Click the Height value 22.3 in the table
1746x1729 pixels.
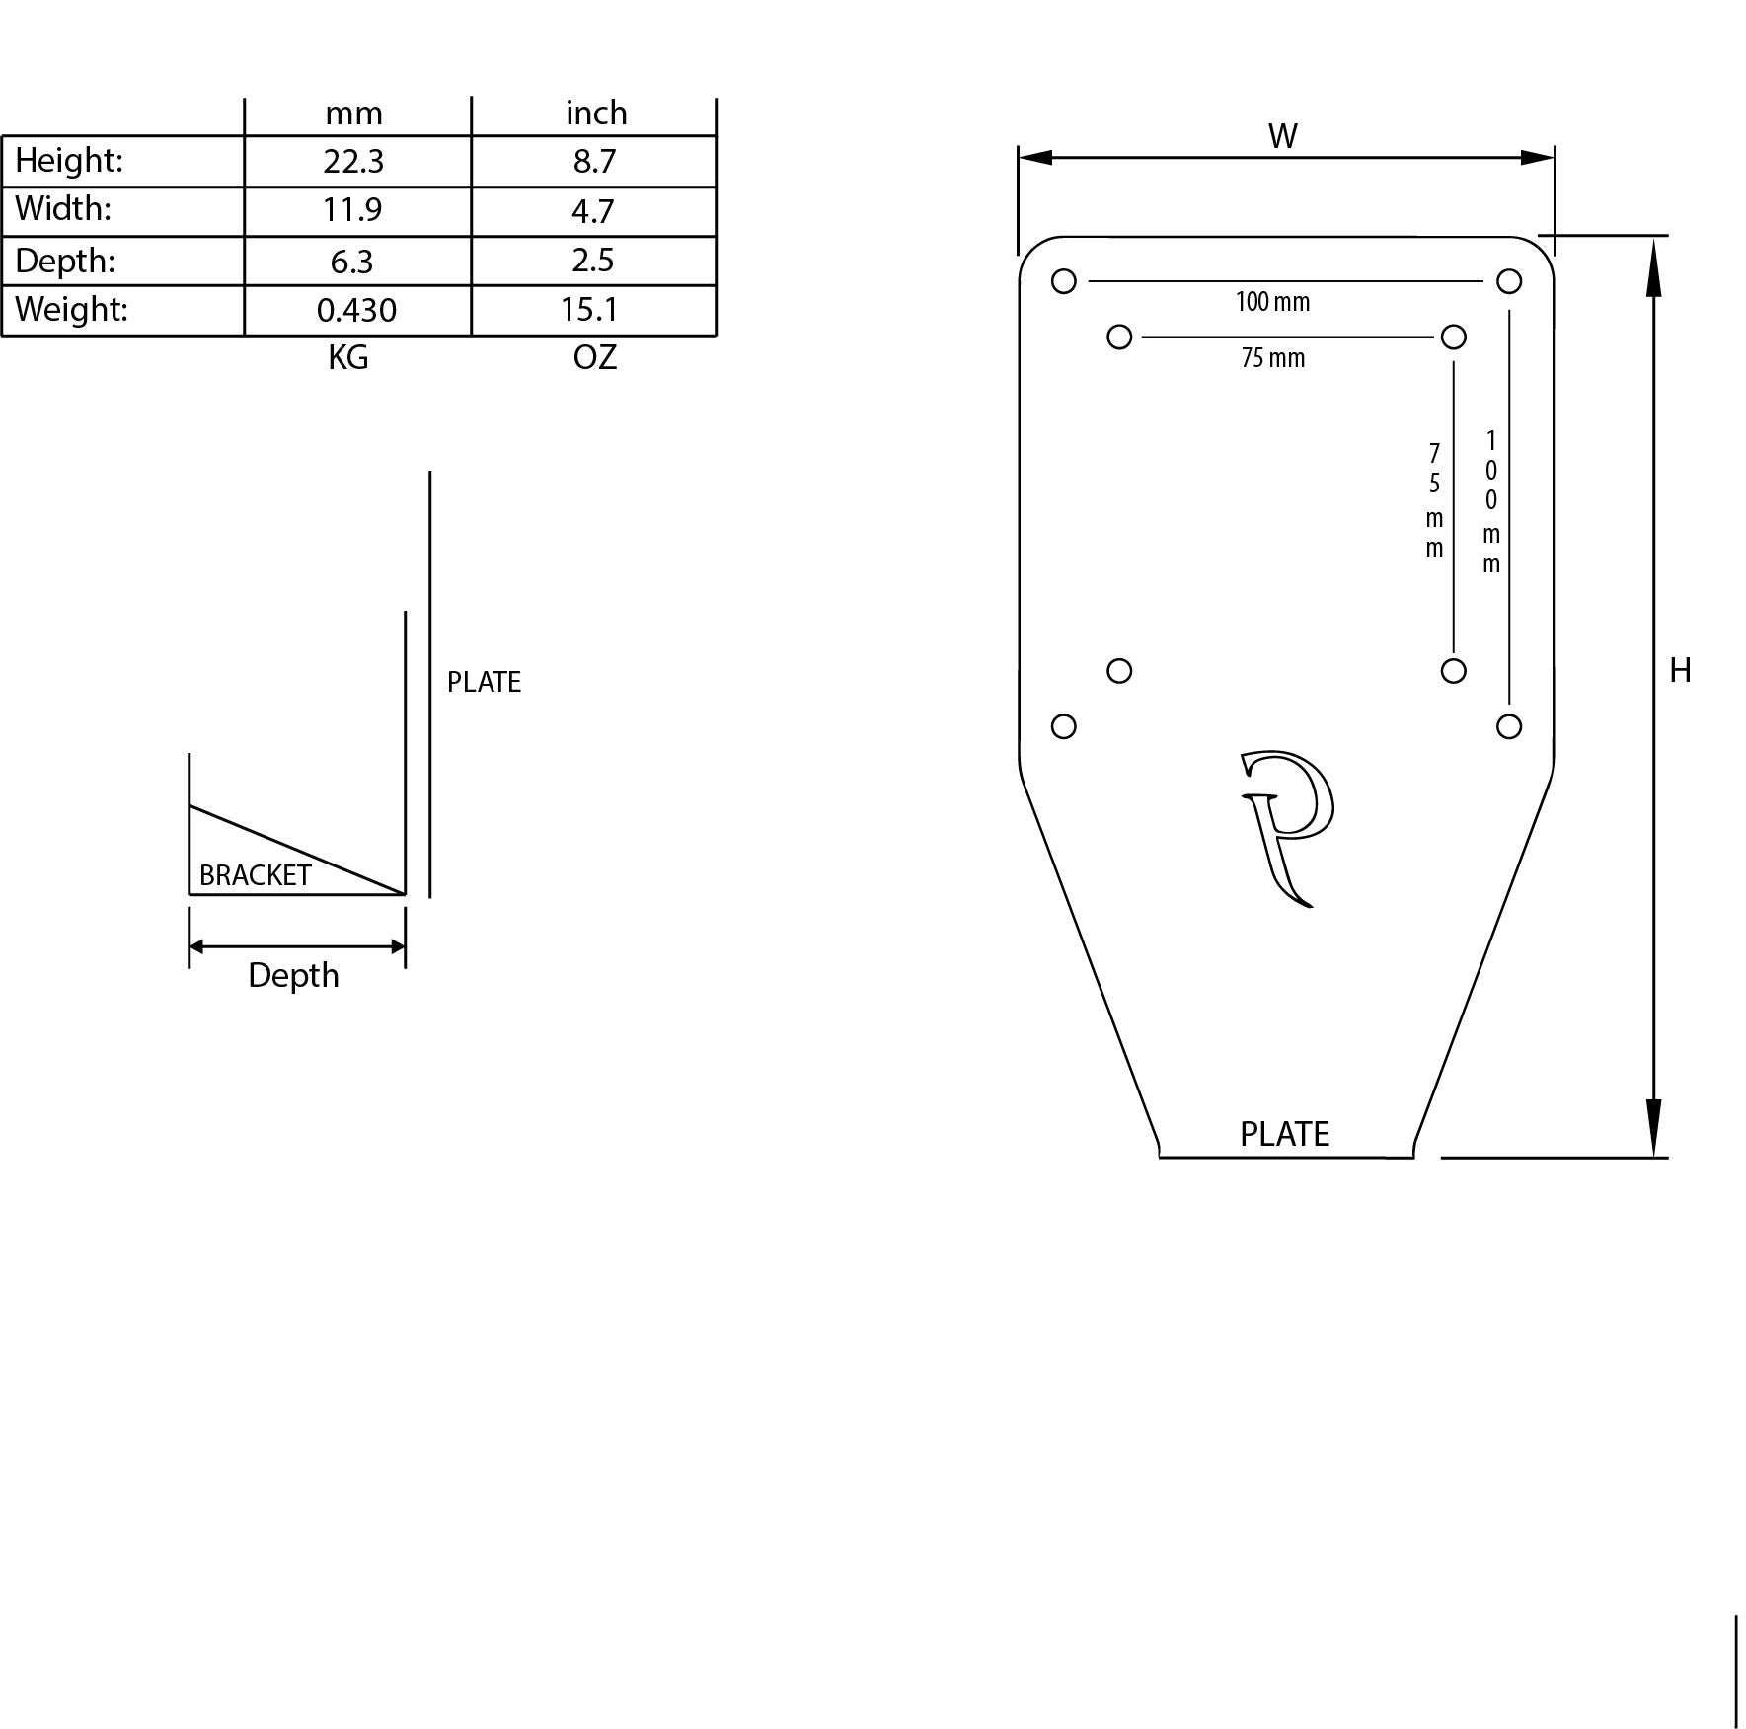click(353, 161)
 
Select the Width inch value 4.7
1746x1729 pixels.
click(593, 211)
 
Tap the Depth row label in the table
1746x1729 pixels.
click(65, 261)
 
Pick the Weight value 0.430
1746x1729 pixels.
click(356, 310)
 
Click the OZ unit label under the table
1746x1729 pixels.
click(594, 357)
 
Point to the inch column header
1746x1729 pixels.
click(596, 113)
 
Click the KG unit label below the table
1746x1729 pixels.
click(348, 357)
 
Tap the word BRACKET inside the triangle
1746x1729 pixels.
click(255, 875)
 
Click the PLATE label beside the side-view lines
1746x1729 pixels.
click(484, 682)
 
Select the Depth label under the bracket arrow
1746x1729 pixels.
click(293, 975)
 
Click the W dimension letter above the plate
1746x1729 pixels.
click(1282, 136)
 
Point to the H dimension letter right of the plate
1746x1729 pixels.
click(1680, 671)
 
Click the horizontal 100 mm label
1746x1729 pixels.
click(1272, 302)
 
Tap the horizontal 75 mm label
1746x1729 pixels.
click(1272, 358)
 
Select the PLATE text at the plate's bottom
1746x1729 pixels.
click(1284, 1134)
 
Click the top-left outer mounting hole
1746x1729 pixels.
click(1063, 281)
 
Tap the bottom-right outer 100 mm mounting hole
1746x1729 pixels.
click(1508, 726)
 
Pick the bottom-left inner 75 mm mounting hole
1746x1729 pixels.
click(1118, 671)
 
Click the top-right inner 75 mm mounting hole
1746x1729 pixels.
click(1453, 338)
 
